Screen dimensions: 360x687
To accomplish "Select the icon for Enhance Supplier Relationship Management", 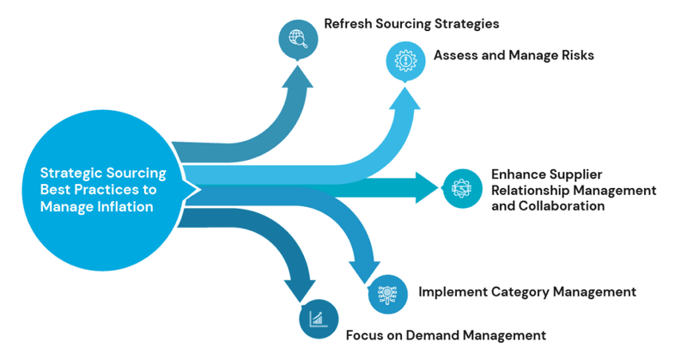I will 462,188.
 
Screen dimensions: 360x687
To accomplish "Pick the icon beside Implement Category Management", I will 388,294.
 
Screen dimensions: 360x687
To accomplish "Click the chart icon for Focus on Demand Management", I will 318,320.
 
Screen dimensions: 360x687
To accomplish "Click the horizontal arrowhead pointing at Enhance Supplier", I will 425,187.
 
